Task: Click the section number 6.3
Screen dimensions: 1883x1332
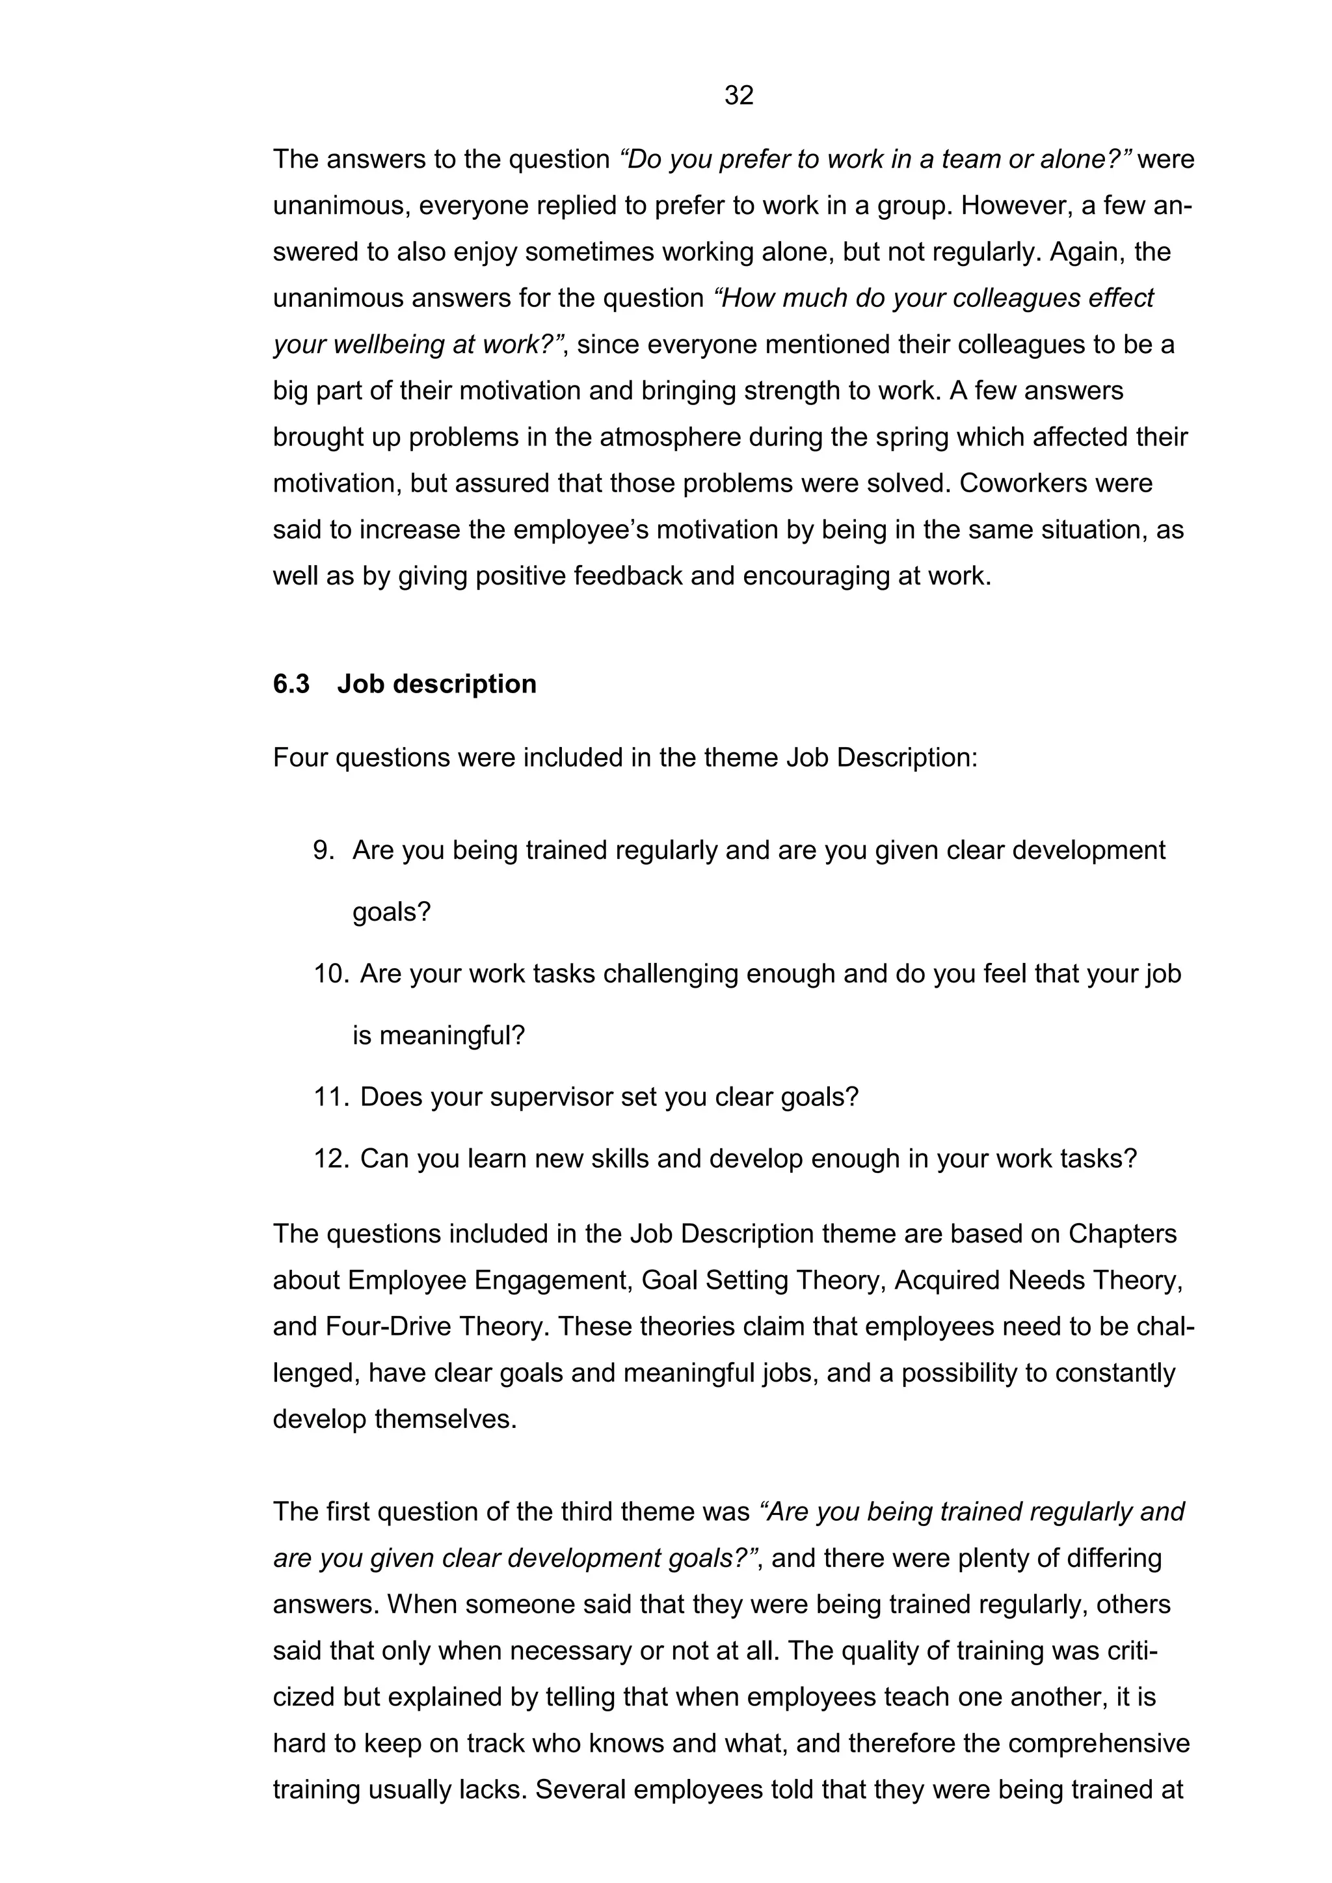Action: [x=291, y=683]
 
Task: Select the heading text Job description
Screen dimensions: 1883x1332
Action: [x=436, y=683]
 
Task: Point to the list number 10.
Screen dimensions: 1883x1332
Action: [x=331, y=973]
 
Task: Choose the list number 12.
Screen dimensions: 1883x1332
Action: [x=331, y=1158]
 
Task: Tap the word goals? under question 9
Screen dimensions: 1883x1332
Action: [x=392, y=912]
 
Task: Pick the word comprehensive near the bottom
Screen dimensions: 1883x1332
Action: [x=1099, y=1743]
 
